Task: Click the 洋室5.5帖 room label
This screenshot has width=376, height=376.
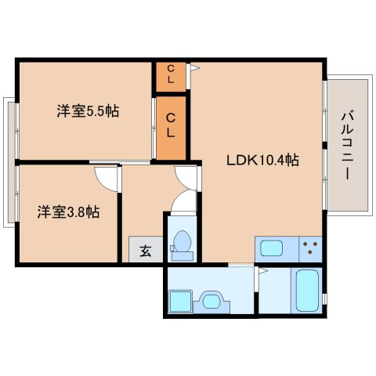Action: [x=87, y=111]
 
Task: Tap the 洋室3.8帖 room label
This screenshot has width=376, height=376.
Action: [x=69, y=211]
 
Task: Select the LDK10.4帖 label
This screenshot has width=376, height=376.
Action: [x=262, y=160]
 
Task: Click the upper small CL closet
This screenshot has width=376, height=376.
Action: [x=171, y=76]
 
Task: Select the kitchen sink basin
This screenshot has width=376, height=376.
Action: [x=272, y=249]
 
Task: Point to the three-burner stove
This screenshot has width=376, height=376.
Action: [x=311, y=249]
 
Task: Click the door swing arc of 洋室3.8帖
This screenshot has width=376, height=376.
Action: [x=108, y=179]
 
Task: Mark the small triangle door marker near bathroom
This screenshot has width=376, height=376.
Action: [x=264, y=271]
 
